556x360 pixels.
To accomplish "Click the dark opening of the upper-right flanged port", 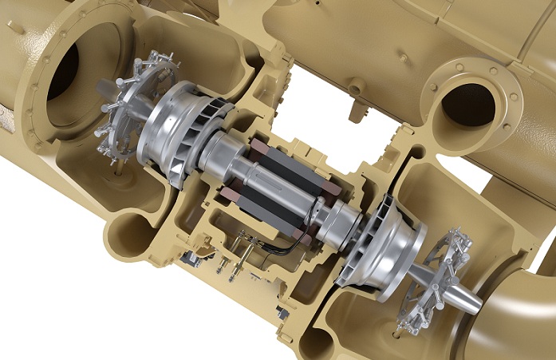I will [468, 104].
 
